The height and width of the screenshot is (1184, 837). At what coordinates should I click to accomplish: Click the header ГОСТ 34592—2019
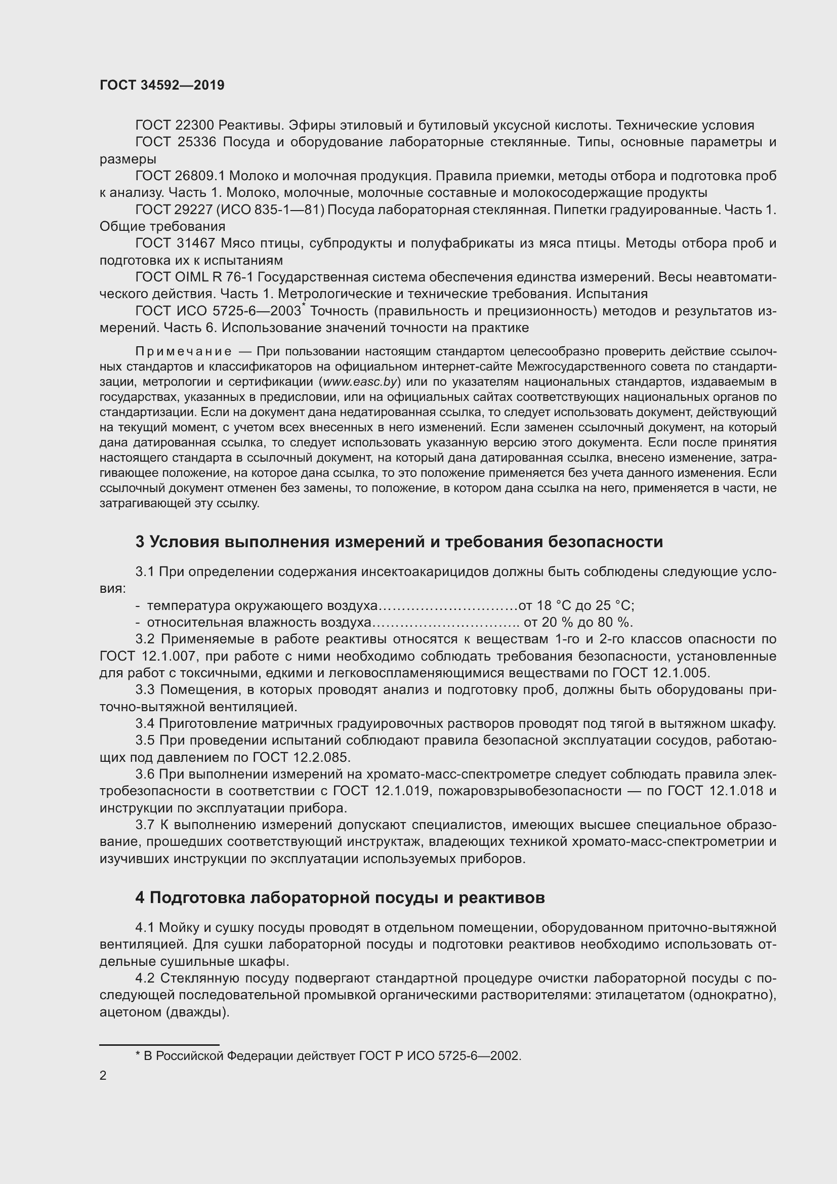(162, 86)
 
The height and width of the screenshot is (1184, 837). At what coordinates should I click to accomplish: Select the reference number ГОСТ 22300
(175, 126)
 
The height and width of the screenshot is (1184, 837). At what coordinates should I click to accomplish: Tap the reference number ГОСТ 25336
(175, 142)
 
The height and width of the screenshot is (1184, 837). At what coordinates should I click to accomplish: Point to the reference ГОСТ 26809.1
(180, 176)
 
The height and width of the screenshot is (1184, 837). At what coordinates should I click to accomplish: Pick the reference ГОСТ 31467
(175, 243)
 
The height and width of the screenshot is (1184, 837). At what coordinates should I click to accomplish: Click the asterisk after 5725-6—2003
(304, 306)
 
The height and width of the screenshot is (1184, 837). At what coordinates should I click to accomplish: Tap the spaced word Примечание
(183, 352)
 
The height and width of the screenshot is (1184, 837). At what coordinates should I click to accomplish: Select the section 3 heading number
(140, 542)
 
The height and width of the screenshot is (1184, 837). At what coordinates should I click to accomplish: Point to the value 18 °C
(557, 605)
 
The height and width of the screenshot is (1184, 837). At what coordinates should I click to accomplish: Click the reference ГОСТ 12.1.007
(148, 657)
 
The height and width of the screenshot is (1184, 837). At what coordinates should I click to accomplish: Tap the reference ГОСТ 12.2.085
(301, 758)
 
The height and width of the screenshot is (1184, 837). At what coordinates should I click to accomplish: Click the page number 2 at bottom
(103, 1076)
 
